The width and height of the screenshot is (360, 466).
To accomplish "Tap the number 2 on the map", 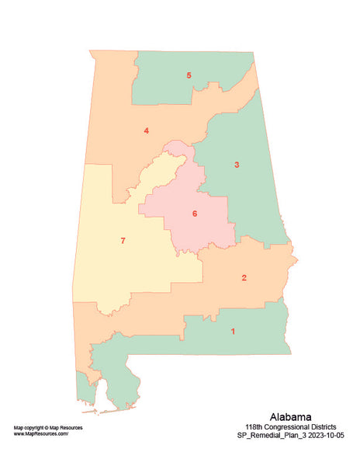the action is [x=244, y=278].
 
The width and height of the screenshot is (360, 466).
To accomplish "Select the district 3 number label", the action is [x=237, y=165].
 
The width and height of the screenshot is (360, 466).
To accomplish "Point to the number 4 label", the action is [x=146, y=130].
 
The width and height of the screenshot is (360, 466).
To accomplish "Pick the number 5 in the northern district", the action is [x=189, y=75].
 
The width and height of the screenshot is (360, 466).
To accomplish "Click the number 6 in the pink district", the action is [x=195, y=214].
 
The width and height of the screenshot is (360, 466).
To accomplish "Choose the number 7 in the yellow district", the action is [x=123, y=241].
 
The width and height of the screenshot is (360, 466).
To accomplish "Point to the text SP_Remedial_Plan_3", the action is [x=272, y=436].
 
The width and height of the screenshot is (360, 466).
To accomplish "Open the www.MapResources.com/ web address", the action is [x=41, y=434].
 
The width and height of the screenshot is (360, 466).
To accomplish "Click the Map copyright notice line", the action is [x=48, y=428].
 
